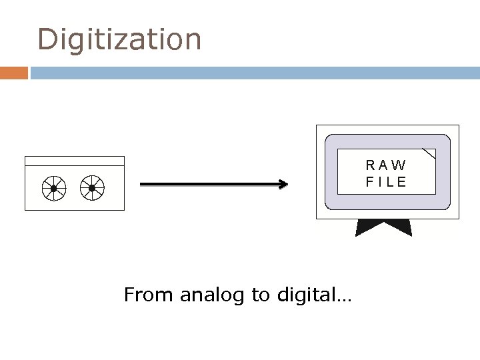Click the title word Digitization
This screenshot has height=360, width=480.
pos(119,39)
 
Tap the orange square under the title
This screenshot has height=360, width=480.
pos(14,73)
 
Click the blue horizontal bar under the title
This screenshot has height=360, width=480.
pos(253,73)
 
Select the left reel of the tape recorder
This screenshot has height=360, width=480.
pos(53,189)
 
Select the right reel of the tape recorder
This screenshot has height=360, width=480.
pos(92,189)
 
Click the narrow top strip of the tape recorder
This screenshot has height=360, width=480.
pos(74,161)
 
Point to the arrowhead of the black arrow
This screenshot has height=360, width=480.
pos(283,185)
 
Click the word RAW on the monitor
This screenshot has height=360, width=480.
pos(385,165)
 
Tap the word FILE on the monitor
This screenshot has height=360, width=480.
pos(385,181)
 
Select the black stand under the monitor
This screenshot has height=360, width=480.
pos(384,227)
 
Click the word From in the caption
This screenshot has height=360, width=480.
pos(149,294)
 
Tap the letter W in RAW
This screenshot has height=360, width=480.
pos(399,165)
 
